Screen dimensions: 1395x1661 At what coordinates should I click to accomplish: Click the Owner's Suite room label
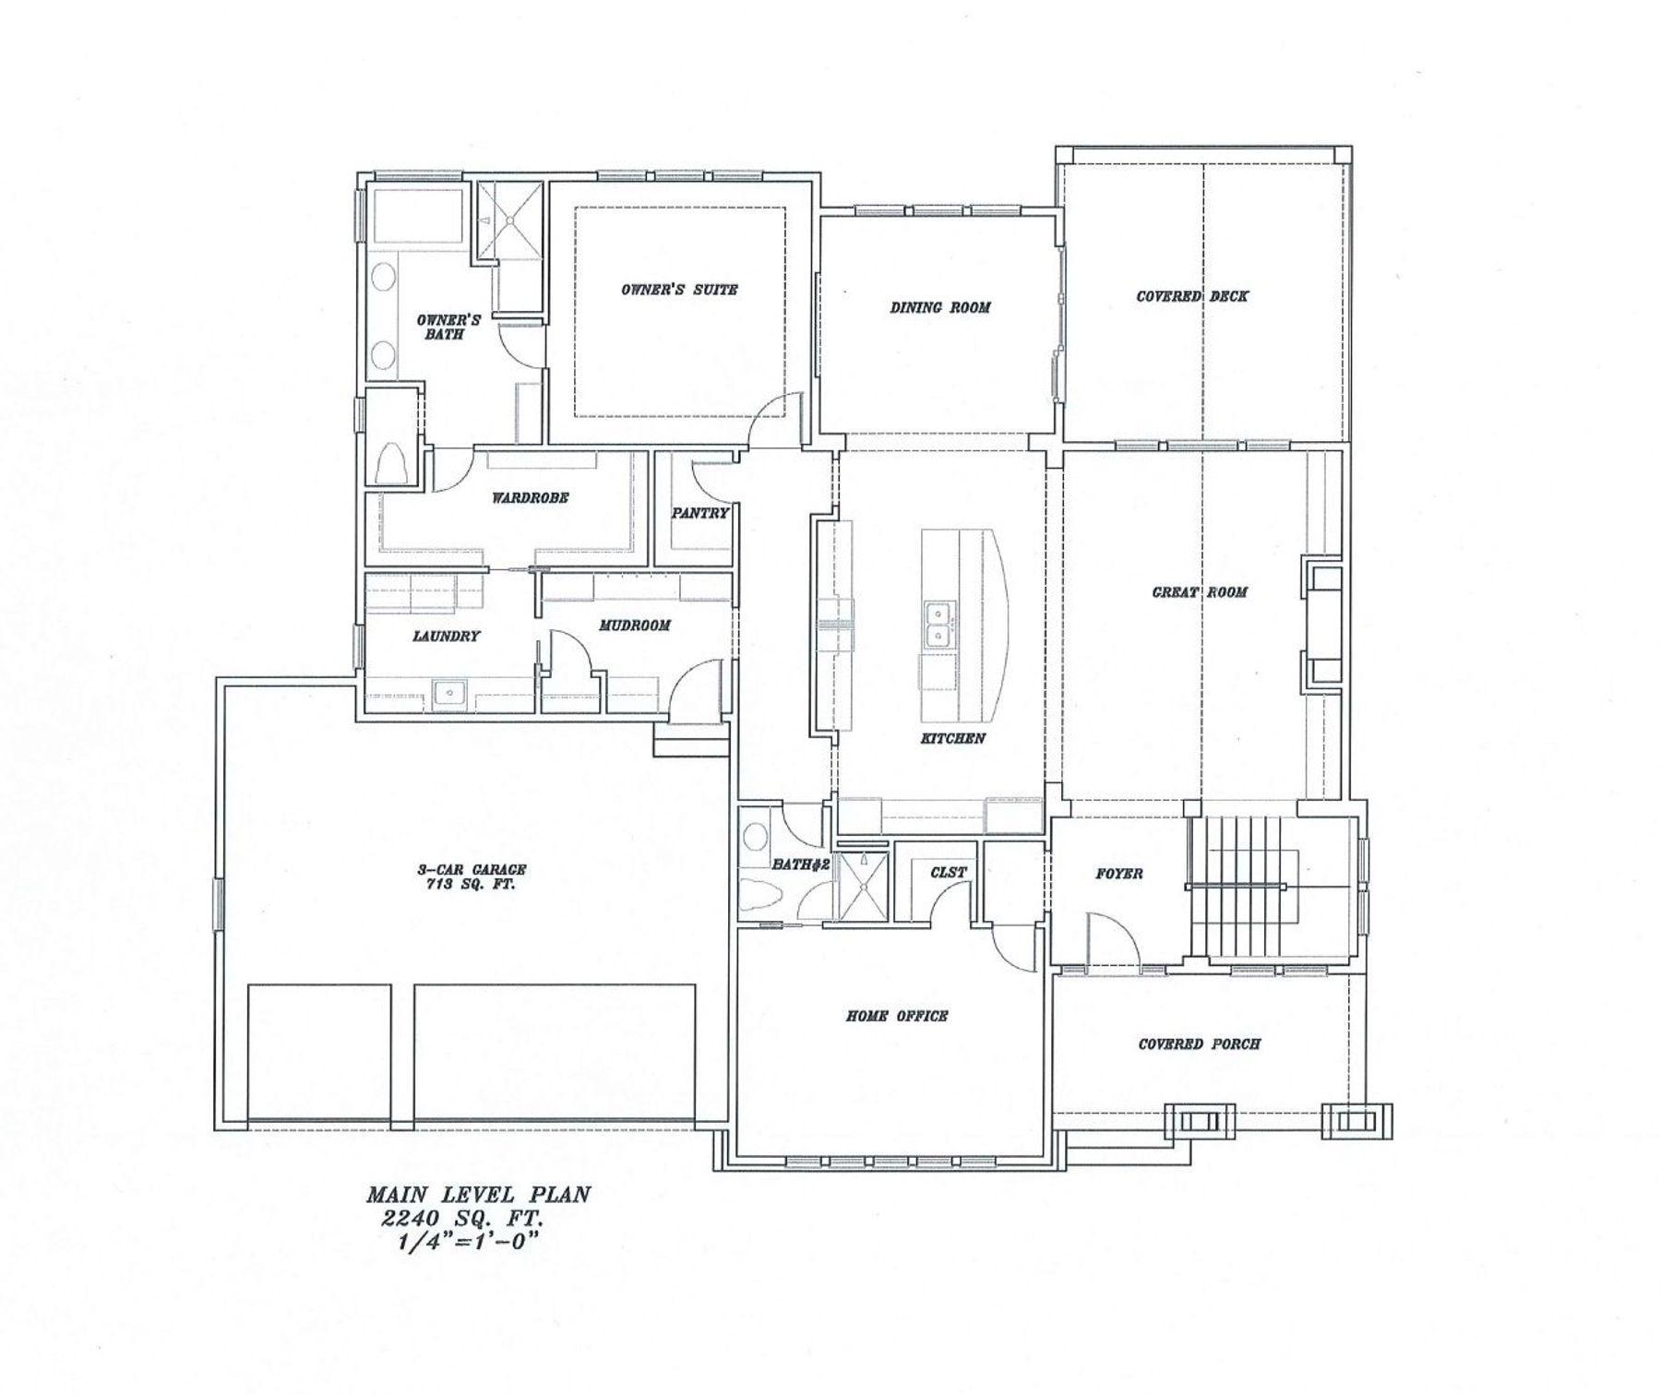678,290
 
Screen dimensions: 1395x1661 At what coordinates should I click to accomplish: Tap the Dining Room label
939,307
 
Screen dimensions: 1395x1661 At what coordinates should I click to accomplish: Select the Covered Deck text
1191,296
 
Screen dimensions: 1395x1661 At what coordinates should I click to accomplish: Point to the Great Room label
1199,592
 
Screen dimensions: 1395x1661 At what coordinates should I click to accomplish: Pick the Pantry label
699,513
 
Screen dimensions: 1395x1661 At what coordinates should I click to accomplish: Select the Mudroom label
634,626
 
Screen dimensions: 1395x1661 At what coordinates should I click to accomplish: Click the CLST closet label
948,872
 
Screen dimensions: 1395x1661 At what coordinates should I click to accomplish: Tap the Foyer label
1118,873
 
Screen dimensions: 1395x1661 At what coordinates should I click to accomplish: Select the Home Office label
896,1016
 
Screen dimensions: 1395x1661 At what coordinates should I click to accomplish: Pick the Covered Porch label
1199,1043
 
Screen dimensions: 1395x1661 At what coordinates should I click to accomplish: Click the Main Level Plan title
478,1195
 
